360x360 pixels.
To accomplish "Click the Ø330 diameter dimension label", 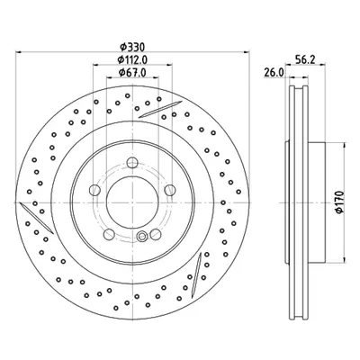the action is pos(132,47).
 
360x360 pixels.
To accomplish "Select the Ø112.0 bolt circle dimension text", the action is pos(132,60).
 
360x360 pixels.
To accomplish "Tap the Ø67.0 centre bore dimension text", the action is pos(132,73).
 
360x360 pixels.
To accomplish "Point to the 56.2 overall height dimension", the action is pos(305,60).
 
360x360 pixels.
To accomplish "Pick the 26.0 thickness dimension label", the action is pos(274,73).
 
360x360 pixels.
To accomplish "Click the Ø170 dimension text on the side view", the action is pos(339,202).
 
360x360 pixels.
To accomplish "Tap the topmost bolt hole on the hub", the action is pos(132,163).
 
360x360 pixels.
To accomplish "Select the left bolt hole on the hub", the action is pos(94,190).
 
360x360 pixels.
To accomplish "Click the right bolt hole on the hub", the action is pos(170,190).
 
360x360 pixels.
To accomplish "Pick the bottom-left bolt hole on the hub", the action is pos(109,234).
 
